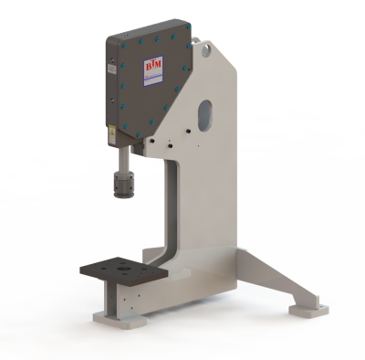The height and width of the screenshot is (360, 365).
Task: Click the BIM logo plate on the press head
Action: point(151,72)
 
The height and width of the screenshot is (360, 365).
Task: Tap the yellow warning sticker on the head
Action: point(111,132)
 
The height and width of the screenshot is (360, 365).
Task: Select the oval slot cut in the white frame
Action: point(205,113)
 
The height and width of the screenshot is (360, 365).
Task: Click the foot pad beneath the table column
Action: point(119,321)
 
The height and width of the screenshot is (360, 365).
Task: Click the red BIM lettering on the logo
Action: point(151,67)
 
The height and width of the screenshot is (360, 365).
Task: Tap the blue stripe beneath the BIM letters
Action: point(151,78)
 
